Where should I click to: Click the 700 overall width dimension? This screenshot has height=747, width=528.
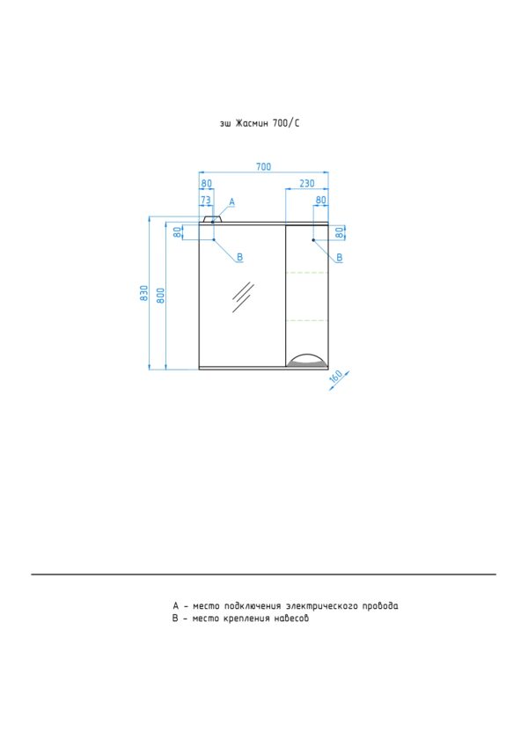[x=263, y=167]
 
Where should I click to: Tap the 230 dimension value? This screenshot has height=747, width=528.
[x=307, y=183]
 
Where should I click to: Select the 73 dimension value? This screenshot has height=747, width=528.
[x=205, y=200]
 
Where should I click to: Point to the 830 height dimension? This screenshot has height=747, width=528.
[x=144, y=293]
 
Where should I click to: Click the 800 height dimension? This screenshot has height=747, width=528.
[x=160, y=296]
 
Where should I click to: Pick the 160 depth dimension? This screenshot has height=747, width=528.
[x=336, y=377]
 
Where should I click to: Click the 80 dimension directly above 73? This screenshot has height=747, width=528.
[x=206, y=183]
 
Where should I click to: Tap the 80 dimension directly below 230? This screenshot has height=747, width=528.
[x=320, y=200]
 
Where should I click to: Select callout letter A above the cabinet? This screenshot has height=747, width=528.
[x=231, y=202]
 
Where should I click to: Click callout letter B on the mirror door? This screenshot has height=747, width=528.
[x=239, y=257]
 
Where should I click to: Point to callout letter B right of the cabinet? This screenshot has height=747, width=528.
[x=340, y=258]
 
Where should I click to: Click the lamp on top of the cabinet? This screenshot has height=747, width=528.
[x=212, y=219]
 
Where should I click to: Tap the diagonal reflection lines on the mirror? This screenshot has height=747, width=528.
[x=243, y=297]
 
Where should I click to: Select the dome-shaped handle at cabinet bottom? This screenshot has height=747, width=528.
[x=307, y=361]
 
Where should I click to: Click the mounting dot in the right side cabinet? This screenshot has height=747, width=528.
[x=313, y=240]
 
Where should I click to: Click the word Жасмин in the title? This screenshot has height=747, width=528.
[x=252, y=123]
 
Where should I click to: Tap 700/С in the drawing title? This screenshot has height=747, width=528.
[x=286, y=123]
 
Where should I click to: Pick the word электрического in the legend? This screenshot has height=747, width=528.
[x=322, y=606]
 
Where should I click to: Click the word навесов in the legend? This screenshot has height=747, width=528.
[x=290, y=619]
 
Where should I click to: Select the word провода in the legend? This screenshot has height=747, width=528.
[x=380, y=606]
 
